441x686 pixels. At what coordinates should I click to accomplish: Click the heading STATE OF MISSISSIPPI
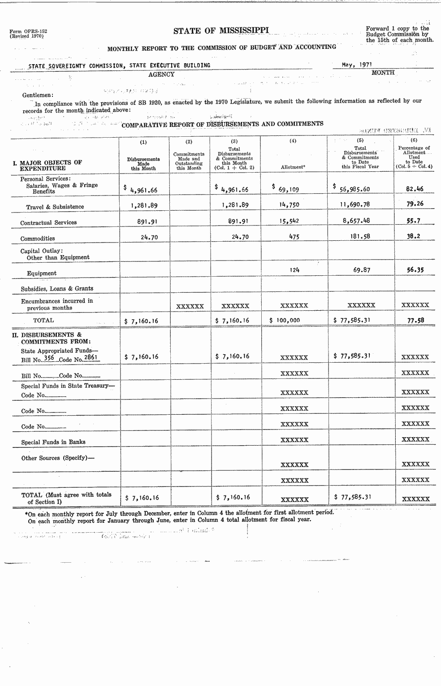pos(221,30)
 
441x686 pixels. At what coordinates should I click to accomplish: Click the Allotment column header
pos(293,167)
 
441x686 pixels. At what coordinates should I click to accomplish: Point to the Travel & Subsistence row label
pos(55,207)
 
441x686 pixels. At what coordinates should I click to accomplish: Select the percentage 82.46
pos(415,189)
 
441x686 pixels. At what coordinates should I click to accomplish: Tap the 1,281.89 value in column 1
pos(144,205)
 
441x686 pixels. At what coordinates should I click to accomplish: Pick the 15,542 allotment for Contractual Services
pos(289,221)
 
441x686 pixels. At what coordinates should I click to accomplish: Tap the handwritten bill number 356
pos(49,358)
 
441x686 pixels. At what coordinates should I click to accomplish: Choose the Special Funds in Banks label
pos(53,442)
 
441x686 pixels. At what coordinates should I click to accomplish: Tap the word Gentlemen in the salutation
pos(38,95)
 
